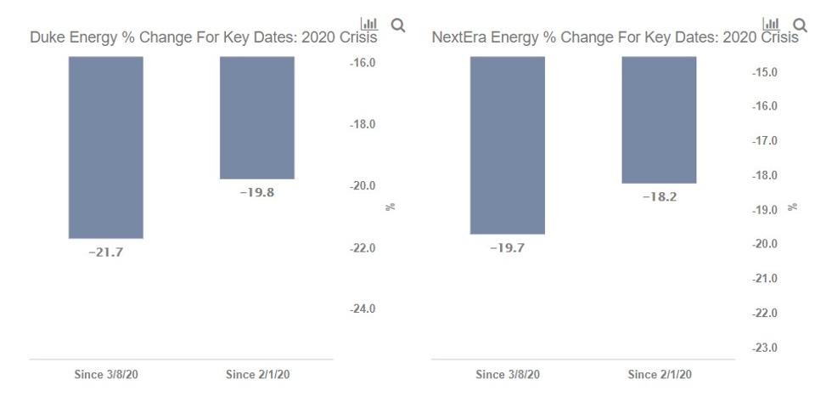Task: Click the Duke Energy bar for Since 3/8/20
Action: tap(105, 147)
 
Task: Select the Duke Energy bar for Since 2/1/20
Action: tap(257, 117)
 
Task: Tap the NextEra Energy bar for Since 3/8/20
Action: tap(507, 145)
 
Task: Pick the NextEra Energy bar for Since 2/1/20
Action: tap(659, 120)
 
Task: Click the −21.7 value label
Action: tap(105, 252)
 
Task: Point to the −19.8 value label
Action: tap(257, 192)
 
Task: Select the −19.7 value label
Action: tap(507, 248)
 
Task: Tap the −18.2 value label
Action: tap(659, 196)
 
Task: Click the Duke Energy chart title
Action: tap(203, 37)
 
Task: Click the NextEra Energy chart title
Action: tap(615, 37)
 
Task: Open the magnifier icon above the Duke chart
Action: tap(397, 25)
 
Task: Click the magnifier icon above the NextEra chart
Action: tap(799, 25)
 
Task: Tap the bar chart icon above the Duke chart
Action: tap(369, 24)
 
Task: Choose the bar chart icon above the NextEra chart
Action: tap(771, 24)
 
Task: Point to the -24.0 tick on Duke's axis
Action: tap(363, 309)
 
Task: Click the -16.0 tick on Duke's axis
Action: tap(363, 63)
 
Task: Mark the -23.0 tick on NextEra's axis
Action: tap(765, 348)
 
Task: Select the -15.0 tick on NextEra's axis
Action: tap(765, 72)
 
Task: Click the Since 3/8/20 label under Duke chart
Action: tap(105, 374)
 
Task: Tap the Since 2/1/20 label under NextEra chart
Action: tap(659, 374)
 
